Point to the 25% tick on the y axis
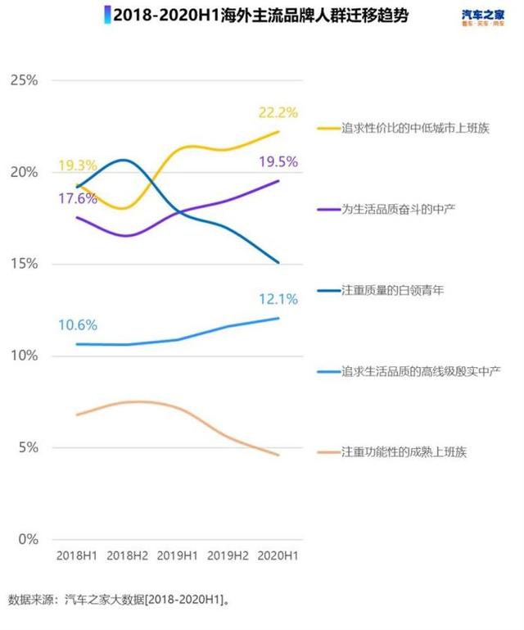[24, 80]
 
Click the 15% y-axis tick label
[24, 264]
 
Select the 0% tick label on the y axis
[28, 540]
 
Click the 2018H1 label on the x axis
[77, 556]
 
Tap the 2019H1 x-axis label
[178, 556]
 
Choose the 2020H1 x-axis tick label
[278, 556]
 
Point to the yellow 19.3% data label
[78, 166]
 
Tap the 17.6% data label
[78, 197]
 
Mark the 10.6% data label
[78, 325]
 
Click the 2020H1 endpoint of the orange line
[278, 456]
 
